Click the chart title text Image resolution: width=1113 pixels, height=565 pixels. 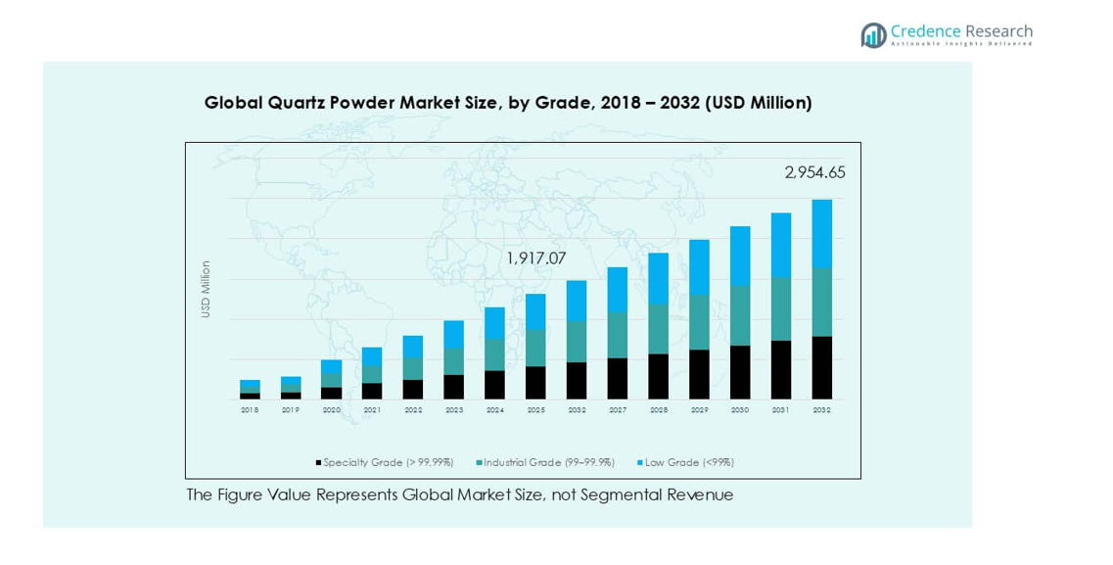coord(508,103)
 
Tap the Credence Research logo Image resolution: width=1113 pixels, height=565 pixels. coord(947,35)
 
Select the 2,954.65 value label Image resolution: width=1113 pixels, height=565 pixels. coord(814,173)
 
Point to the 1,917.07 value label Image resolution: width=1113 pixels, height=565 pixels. coord(535,259)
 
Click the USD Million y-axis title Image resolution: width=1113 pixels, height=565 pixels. coord(206,288)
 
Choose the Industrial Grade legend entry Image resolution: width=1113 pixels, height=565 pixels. coord(545,462)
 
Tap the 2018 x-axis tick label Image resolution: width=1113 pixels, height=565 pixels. coord(250,410)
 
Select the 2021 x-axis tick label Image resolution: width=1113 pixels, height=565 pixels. coord(372,410)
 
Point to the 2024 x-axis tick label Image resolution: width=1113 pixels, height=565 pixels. coord(494,410)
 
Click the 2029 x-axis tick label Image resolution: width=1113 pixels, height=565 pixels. coord(699,410)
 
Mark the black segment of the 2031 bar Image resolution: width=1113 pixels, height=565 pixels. coord(781,369)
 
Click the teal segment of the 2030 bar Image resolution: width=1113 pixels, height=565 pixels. coord(740,315)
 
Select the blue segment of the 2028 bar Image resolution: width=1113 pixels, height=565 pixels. coord(659,278)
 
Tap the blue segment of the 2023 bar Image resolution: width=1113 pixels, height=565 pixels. coord(454,334)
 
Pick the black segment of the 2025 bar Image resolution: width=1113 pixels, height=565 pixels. coord(535,382)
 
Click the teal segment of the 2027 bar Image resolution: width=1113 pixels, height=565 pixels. coord(618,335)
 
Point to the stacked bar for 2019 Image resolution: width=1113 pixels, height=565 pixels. coord(291,388)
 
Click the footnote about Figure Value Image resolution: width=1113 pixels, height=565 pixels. coord(459,495)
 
